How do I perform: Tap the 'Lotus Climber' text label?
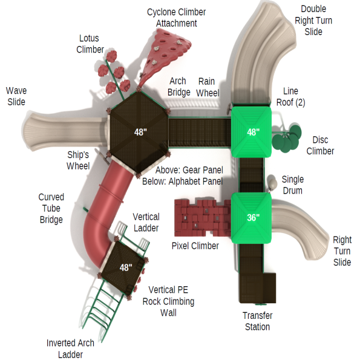[x=90, y=44]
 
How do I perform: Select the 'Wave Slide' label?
[x=16, y=96]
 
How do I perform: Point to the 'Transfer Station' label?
[x=257, y=321]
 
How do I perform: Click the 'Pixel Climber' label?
[x=195, y=246]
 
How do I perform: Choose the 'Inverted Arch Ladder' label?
[x=70, y=349]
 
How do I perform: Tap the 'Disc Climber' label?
[x=320, y=145]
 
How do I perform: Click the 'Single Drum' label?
[x=293, y=185]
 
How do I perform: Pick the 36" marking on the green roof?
[x=253, y=217]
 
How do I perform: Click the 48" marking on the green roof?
[x=253, y=131]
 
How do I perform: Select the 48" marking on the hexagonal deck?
[x=140, y=131]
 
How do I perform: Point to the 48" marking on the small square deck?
[x=125, y=267]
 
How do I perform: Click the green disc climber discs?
[x=286, y=140]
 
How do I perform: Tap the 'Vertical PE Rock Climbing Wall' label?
[x=168, y=301]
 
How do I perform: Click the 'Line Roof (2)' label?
[x=290, y=96]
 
